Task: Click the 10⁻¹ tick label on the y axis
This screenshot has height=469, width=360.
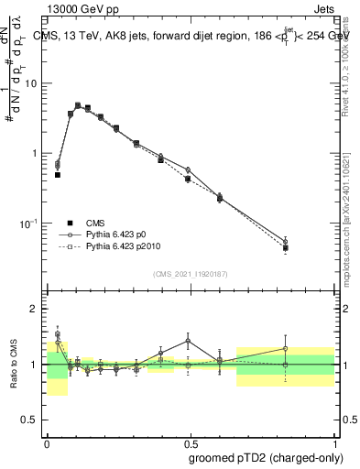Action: [31, 223]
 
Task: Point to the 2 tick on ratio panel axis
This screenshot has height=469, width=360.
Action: [37, 309]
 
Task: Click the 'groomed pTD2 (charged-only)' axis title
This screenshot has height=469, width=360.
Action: [267, 456]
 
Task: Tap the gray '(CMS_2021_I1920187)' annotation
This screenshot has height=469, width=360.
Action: [190, 273]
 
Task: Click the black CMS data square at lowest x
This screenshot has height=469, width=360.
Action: [58, 174]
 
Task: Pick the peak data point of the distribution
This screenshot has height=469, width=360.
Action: [78, 106]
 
